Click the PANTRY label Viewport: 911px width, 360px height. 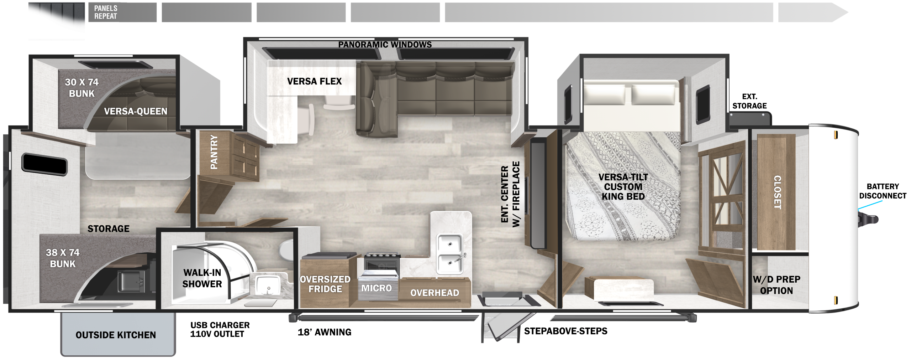tap(214, 152)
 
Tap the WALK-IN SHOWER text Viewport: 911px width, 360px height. tap(202, 278)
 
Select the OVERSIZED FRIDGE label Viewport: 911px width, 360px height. tap(325, 284)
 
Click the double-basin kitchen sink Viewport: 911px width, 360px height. tap(450, 254)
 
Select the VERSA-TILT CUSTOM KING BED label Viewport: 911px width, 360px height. tap(623, 186)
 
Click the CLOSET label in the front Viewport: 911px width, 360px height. tap(778, 192)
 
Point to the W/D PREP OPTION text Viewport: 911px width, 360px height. tap(776, 285)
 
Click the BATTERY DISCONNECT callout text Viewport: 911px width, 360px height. tap(883, 191)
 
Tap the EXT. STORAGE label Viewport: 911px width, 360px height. tap(749, 101)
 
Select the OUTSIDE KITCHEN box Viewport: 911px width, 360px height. tap(118, 334)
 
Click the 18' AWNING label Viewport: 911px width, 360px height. tap(325, 332)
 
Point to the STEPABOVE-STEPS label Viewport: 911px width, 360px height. tap(566, 331)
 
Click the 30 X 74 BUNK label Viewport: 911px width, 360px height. tap(81, 88)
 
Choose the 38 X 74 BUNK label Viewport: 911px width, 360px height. tap(63, 258)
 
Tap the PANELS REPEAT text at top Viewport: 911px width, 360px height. tap(106, 12)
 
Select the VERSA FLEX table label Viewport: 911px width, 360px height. tap(314, 81)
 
